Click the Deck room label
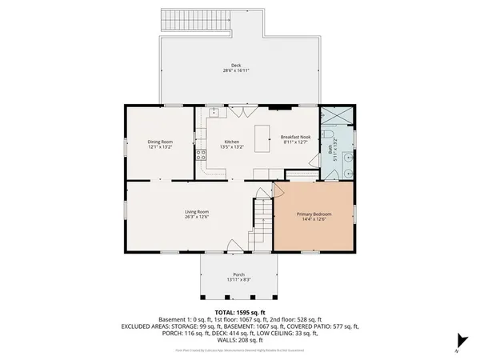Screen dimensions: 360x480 point(236,66)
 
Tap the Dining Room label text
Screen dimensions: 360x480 point(160,142)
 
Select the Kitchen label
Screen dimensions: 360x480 point(231,142)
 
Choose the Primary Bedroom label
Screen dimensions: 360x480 point(314,214)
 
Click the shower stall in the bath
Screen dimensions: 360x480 point(337,118)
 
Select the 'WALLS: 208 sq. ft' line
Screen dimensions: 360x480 point(240,340)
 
